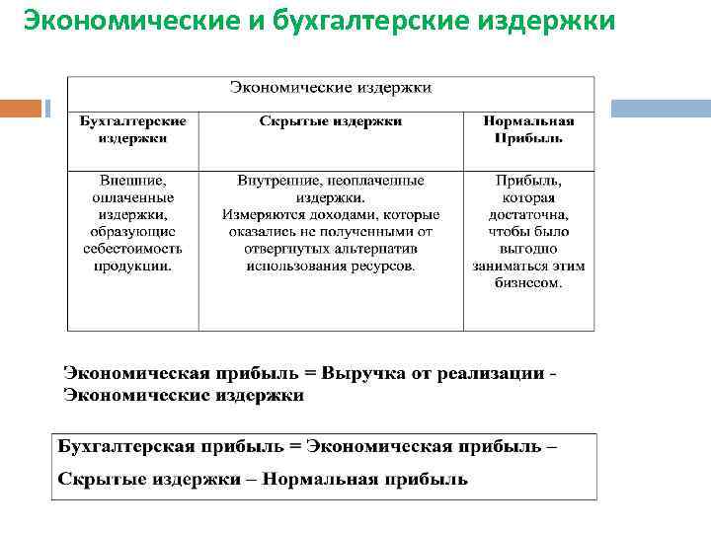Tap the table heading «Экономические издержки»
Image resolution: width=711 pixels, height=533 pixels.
pyautogui.click(x=330, y=88)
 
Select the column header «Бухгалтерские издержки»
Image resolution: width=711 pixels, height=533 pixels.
pyautogui.click(x=133, y=129)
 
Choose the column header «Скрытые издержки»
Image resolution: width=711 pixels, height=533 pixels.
pyautogui.click(x=330, y=120)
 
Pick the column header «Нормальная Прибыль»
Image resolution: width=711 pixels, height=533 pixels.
pyautogui.click(x=528, y=129)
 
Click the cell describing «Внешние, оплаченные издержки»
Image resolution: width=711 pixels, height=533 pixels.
pyautogui.click(x=133, y=223)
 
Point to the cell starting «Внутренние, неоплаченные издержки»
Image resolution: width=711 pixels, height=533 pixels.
pyautogui.click(x=330, y=223)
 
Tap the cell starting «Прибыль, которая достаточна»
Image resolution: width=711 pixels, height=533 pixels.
pyautogui.click(x=528, y=232)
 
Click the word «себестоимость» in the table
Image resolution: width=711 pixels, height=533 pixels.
pyautogui.click(x=133, y=249)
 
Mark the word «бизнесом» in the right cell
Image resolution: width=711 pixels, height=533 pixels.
pyautogui.click(x=528, y=283)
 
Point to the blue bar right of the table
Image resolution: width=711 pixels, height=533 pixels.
pyautogui.click(x=661, y=109)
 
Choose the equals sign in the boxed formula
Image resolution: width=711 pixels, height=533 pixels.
pyautogui.click(x=293, y=446)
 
